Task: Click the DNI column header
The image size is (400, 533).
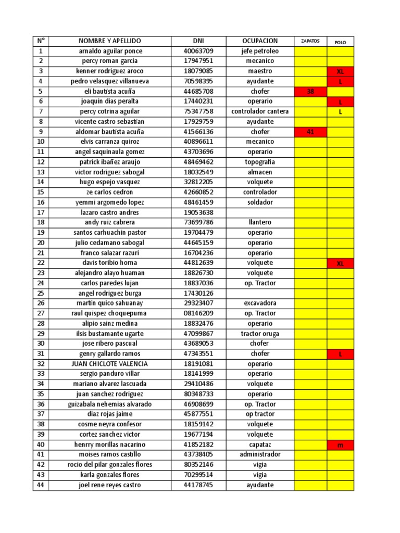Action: [x=198, y=41]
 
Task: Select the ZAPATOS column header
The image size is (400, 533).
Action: [x=310, y=41]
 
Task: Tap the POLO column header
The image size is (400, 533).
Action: [x=340, y=42]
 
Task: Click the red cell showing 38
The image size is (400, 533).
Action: [x=310, y=91]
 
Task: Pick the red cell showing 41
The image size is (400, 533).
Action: [x=310, y=132]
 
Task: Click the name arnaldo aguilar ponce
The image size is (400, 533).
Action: [x=110, y=51]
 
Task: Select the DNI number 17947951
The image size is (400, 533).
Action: [x=198, y=61]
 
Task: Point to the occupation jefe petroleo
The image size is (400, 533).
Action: [x=260, y=51]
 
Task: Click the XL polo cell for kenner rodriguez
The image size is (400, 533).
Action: [x=340, y=71]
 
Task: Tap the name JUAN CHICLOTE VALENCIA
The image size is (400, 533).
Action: [x=110, y=364]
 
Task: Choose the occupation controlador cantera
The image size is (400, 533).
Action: [x=260, y=111]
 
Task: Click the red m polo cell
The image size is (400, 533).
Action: [x=340, y=445]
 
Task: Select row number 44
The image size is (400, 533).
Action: [x=41, y=485]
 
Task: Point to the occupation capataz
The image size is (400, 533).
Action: [x=260, y=445]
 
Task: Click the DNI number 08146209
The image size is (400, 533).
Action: [x=198, y=313]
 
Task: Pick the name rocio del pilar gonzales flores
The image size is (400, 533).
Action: [x=110, y=465]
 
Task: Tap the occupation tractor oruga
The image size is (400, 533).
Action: [x=260, y=334]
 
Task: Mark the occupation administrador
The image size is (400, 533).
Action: [x=260, y=454]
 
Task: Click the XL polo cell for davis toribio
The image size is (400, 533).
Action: [x=340, y=263]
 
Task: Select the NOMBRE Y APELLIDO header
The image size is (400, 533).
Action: [x=110, y=41]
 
